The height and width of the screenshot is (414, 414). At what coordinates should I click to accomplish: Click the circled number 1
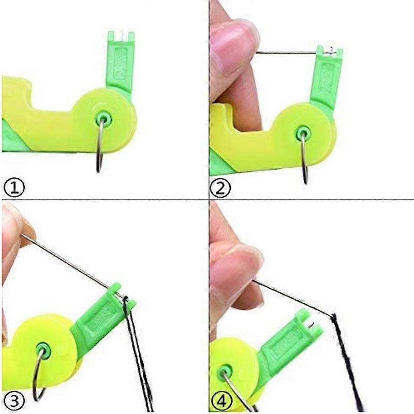click(14, 188)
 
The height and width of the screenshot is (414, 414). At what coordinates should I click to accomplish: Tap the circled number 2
click(220, 188)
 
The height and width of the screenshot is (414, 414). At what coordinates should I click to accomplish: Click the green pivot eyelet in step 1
click(103, 120)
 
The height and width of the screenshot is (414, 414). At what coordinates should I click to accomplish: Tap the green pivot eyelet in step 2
click(303, 133)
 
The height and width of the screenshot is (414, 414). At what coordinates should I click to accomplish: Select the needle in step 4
click(292, 299)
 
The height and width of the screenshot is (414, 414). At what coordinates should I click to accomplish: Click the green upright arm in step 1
click(120, 63)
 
